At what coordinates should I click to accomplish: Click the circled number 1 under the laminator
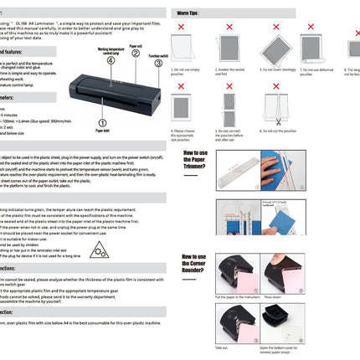(101, 122)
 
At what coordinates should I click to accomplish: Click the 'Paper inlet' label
(101, 131)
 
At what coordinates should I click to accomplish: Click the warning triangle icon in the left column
(98, 248)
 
